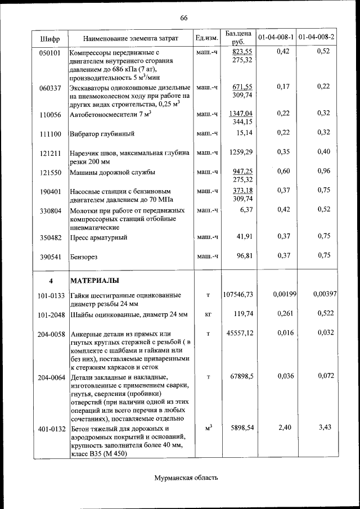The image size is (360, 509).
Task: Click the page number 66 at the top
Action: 183,17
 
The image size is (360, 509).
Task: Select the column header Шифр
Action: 50,38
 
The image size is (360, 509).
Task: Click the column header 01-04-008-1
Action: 276,37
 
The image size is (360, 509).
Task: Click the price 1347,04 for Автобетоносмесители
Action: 241,114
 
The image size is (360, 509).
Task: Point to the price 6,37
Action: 245,210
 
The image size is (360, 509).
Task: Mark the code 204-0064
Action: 51,376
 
